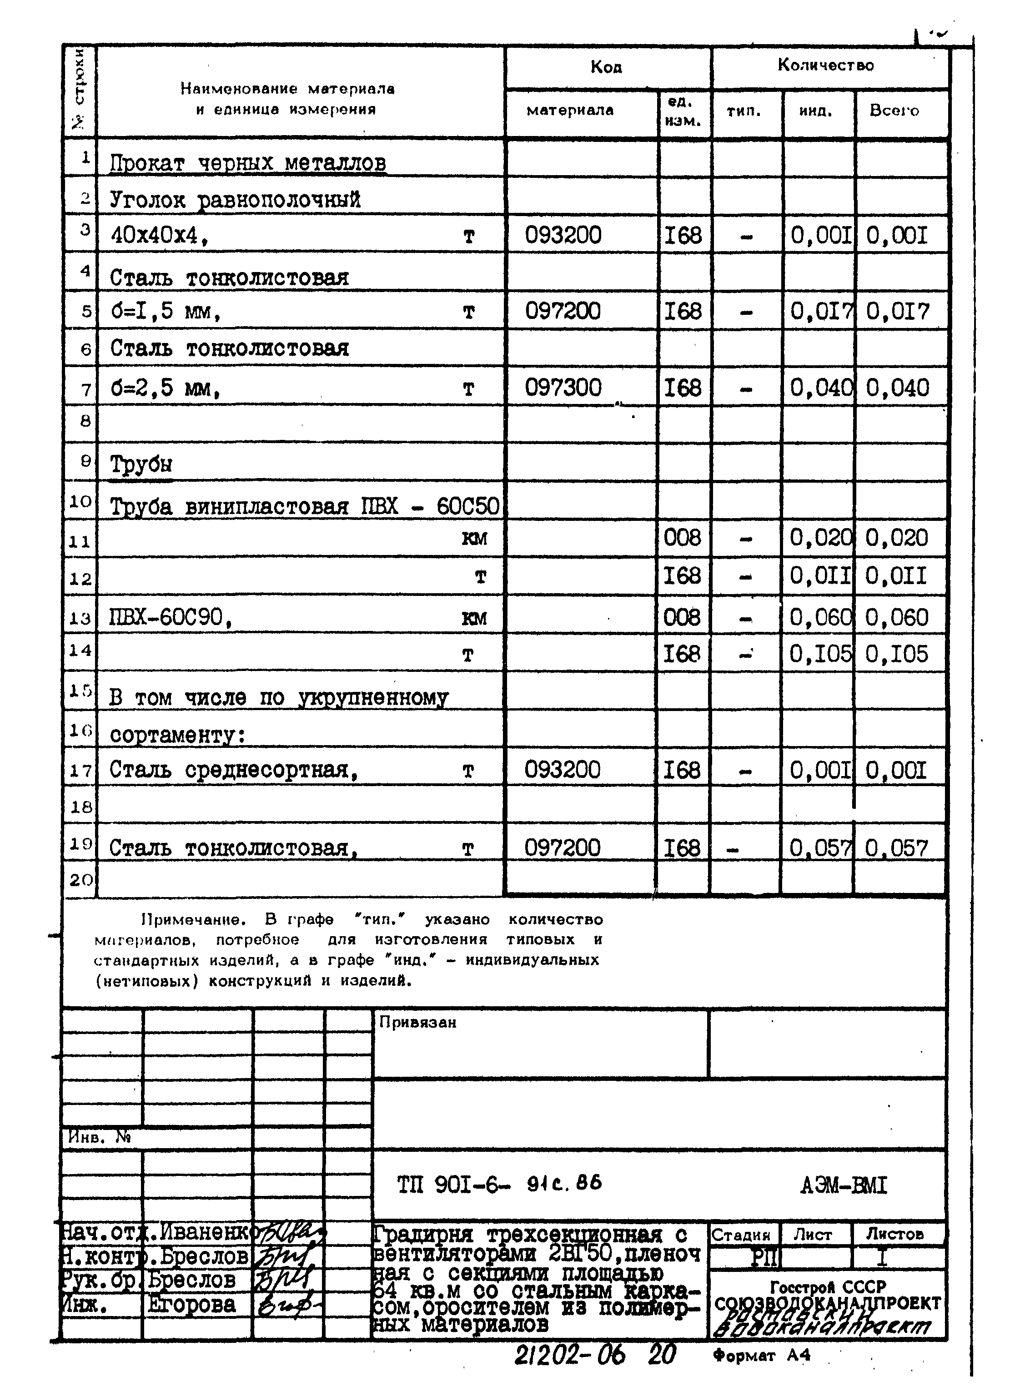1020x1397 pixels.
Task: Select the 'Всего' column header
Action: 894,111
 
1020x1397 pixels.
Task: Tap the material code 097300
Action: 563,388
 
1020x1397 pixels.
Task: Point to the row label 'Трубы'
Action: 141,464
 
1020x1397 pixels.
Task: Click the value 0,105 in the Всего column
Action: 896,654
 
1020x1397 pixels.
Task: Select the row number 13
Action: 80,618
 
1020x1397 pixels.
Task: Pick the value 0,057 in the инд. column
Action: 820,848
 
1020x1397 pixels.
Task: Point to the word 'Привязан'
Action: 417,1023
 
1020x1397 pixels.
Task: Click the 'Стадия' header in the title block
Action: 741,1235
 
